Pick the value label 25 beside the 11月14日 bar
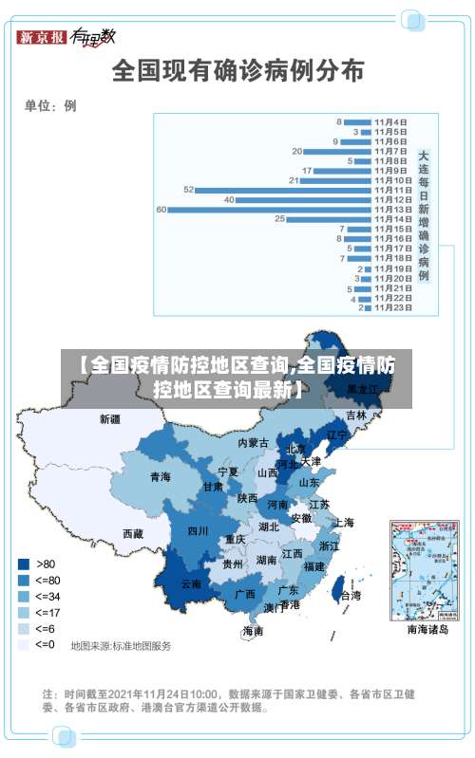(x=280, y=219)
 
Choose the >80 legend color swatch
(x=23, y=563)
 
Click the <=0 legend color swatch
(x=23, y=644)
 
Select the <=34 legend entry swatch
(x=23, y=596)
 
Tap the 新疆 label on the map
(x=110, y=418)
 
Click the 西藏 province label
(x=132, y=534)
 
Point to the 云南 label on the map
(x=191, y=583)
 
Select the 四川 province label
(x=198, y=531)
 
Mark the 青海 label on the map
(x=160, y=476)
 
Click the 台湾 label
(x=351, y=596)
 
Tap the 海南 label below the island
(x=253, y=631)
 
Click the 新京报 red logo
(x=42, y=37)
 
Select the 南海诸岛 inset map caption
(x=427, y=629)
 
